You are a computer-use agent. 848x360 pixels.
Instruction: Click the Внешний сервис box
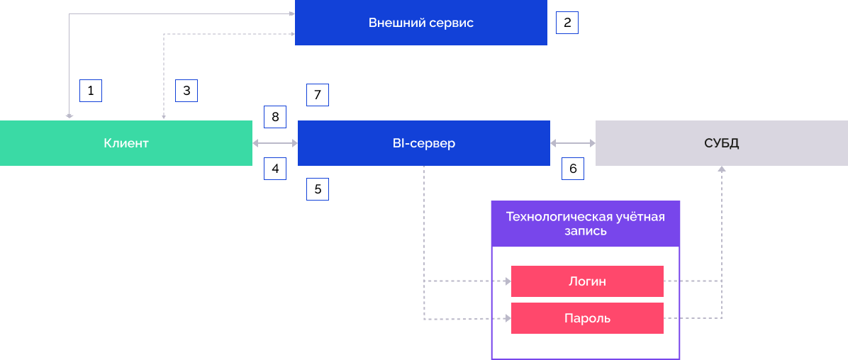coord(420,23)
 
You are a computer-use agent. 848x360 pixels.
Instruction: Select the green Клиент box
coord(126,143)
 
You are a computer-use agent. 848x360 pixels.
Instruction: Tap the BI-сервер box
coord(423,143)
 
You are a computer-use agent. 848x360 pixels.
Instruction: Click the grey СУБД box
coord(721,143)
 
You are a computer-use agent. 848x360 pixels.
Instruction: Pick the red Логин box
coord(587,281)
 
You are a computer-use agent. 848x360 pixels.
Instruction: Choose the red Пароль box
coord(587,318)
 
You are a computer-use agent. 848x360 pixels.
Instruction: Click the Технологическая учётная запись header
coord(585,223)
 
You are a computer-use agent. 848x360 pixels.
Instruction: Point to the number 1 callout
coord(91,91)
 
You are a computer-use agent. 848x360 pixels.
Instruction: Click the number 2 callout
coord(567,23)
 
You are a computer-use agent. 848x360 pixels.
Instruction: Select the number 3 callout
coord(186,91)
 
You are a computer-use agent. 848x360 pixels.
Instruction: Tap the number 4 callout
coord(275,169)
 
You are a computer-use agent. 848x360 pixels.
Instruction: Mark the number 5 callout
coord(318,189)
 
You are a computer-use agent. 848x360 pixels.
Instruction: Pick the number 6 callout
coord(573,169)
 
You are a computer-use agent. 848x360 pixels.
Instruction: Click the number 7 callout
coord(318,94)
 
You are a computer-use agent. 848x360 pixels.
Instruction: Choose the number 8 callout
coord(275,117)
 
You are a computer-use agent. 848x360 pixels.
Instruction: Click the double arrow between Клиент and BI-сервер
coord(275,143)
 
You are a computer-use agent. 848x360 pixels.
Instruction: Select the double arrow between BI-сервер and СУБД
coord(573,143)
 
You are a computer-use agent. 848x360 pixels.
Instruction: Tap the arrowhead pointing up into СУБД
coord(722,169)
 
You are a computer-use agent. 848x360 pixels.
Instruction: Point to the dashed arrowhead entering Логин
coord(508,281)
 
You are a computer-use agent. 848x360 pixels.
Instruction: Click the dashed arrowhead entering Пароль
coord(508,319)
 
